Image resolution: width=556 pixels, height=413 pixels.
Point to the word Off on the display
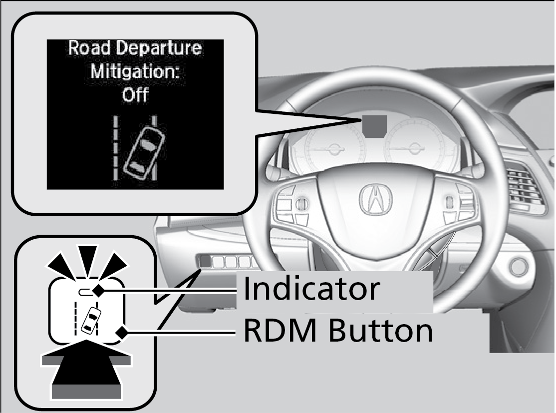pos(135,94)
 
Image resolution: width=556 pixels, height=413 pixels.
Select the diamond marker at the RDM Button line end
pos(120,332)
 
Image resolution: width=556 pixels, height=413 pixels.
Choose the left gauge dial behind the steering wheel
pos(330,148)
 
